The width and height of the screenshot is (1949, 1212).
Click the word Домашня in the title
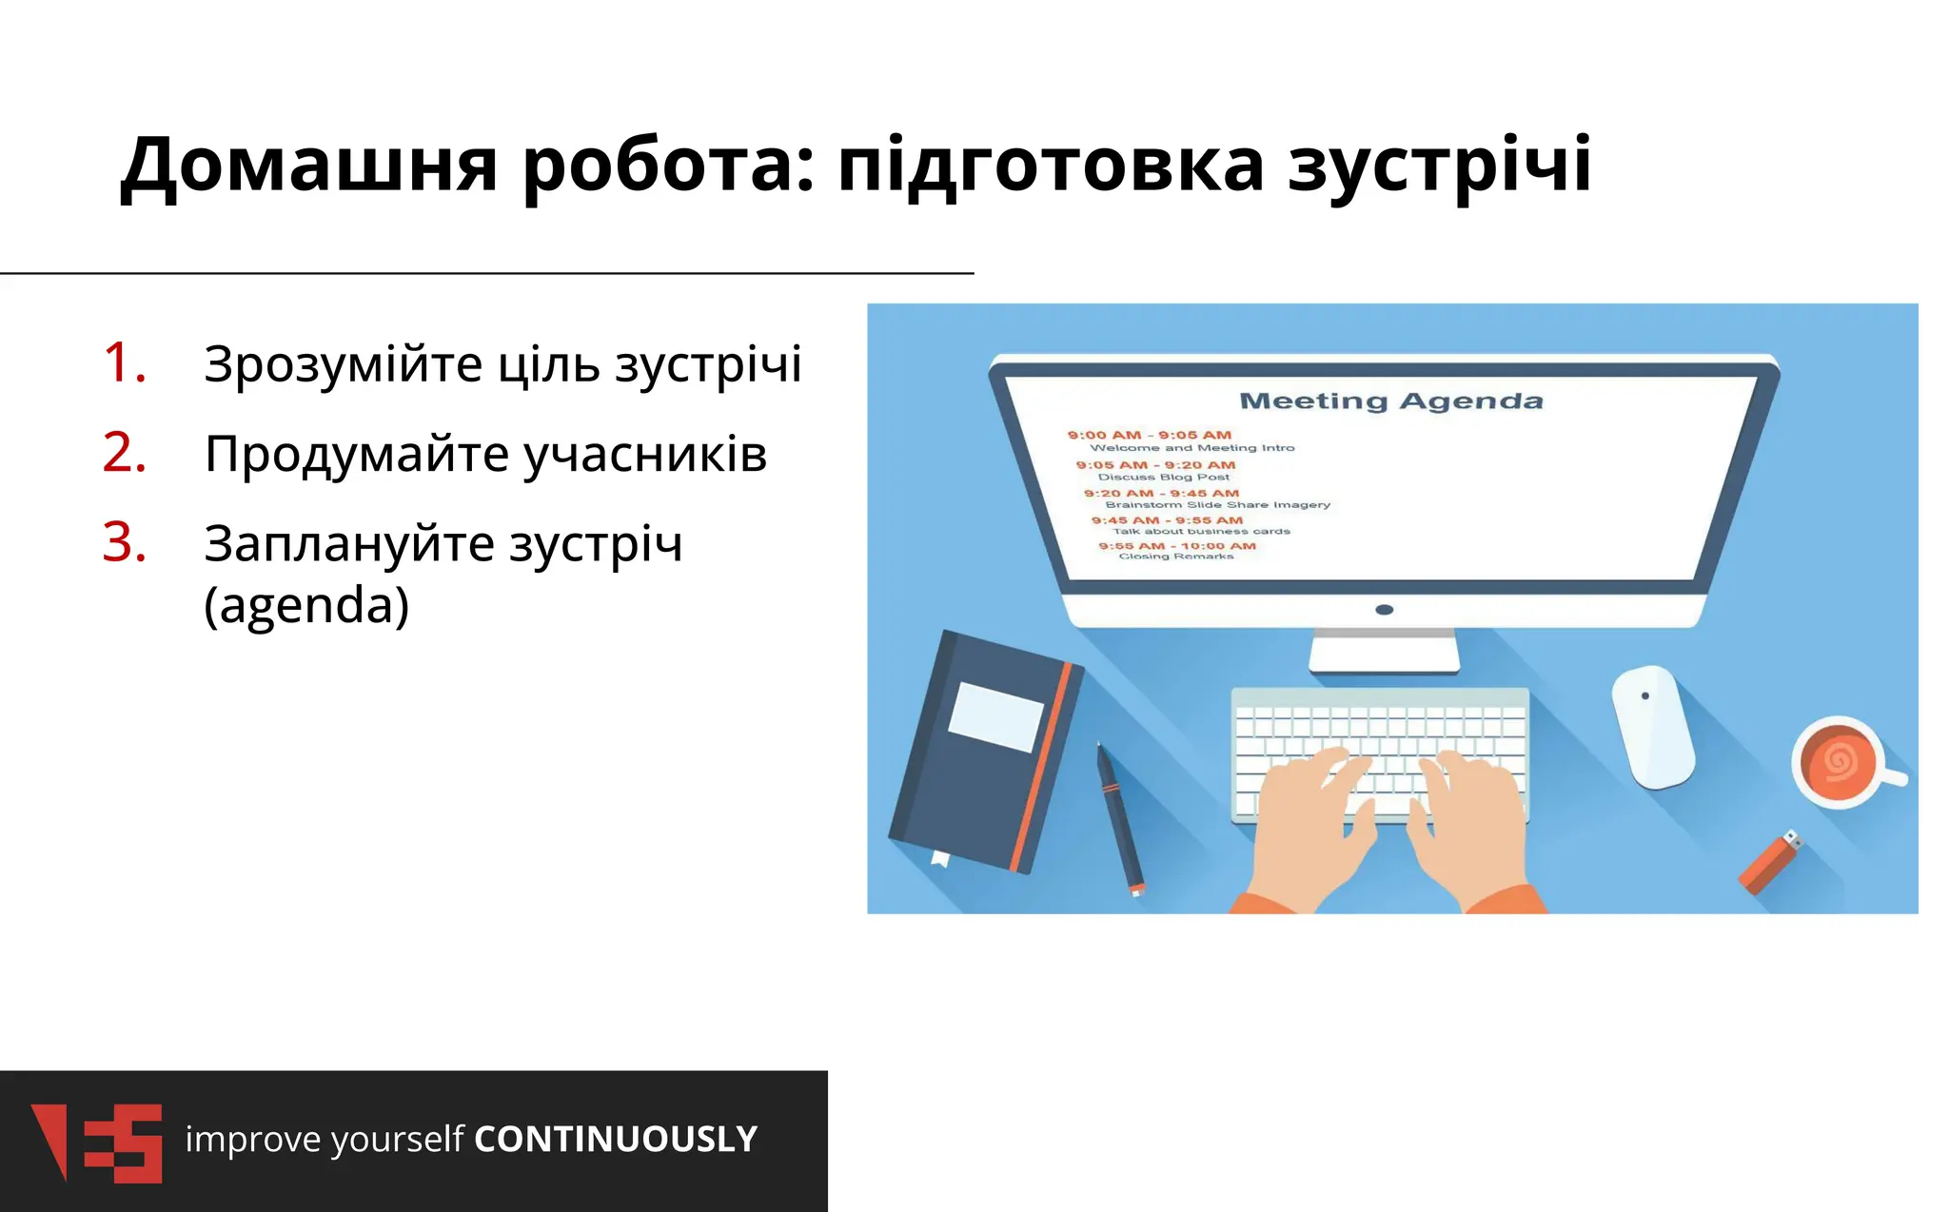(308, 166)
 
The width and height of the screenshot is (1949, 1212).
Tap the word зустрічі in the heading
(1439, 166)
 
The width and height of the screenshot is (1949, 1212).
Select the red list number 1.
(125, 362)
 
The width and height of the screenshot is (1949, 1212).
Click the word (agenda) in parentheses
(306, 605)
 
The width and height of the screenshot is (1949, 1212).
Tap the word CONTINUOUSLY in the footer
(616, 1139)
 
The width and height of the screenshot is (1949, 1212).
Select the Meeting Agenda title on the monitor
(1390, 401)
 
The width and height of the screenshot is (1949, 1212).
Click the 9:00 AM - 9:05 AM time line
(1149, 435)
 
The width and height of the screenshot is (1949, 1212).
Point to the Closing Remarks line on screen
(1175, 557)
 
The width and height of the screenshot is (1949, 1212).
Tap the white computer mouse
(1653, 727)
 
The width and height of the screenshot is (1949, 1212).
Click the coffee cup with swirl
(1839, 761)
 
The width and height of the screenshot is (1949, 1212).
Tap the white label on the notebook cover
(995, 715)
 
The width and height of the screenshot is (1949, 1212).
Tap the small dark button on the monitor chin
(1385, 609)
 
